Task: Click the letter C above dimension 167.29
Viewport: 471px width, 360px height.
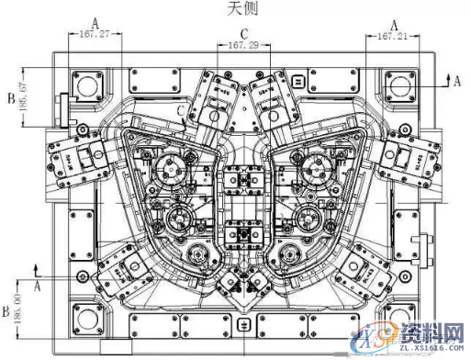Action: click(x=243, y=31)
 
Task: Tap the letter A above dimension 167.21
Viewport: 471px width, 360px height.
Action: click(x=394, y=21)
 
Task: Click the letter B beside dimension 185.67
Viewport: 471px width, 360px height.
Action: click(x=9, y=96)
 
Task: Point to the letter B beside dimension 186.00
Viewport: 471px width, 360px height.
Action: click(x=7, y=300)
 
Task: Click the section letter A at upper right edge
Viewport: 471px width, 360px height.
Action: click(x=456, y=81)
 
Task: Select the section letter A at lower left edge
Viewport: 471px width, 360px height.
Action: click(x=37, y=287)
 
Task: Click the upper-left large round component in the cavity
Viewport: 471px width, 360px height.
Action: click(x=172, y=169)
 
